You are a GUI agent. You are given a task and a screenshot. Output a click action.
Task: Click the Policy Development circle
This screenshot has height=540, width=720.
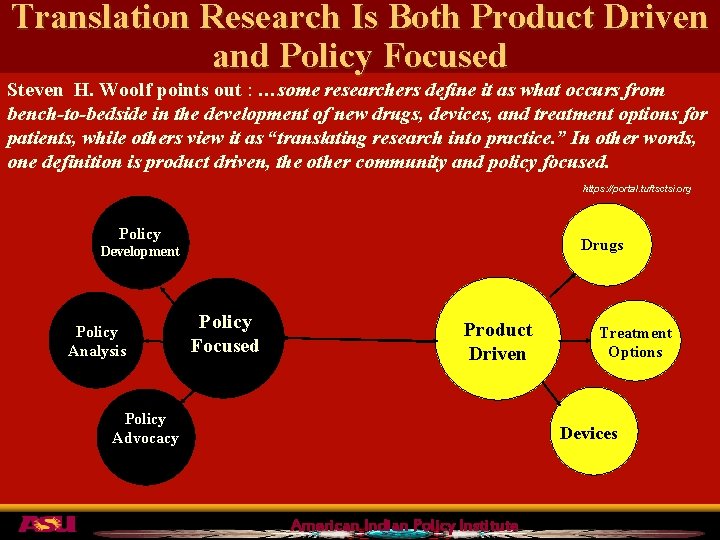[140, 242]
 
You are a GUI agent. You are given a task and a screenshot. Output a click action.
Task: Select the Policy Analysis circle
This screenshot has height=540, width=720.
[97, 341]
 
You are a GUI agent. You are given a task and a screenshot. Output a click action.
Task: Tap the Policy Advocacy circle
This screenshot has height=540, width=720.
[145, 429]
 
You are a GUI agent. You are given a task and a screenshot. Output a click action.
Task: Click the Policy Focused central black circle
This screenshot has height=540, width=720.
[224, 334]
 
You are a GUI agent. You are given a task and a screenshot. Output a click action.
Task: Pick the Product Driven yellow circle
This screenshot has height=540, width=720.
[497, 341]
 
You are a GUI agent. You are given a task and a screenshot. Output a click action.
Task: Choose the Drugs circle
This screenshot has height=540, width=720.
[602, 245]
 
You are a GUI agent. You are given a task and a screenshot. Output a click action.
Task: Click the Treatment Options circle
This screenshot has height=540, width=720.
[635, 342]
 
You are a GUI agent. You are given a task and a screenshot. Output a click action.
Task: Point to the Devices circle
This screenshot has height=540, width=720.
[588, 433]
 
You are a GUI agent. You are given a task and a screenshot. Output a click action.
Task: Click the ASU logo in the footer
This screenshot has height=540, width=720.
[45, 524]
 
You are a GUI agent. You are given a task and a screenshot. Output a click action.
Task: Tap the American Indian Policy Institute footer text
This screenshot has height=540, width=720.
[404, 526]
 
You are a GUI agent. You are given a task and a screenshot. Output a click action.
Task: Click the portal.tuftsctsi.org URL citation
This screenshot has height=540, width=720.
[637, 189]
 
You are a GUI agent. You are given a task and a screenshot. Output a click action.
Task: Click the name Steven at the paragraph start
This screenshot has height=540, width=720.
[34, 89]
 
